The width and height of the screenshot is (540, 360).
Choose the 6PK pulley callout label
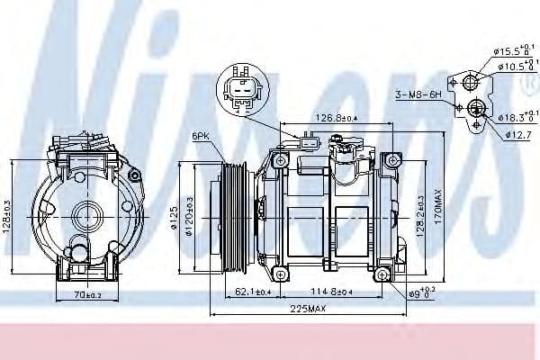[x=201, y=136]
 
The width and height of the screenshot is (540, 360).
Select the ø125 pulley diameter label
[x=177, y=217]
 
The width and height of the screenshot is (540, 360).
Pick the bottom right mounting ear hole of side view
[x=383, y=274]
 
